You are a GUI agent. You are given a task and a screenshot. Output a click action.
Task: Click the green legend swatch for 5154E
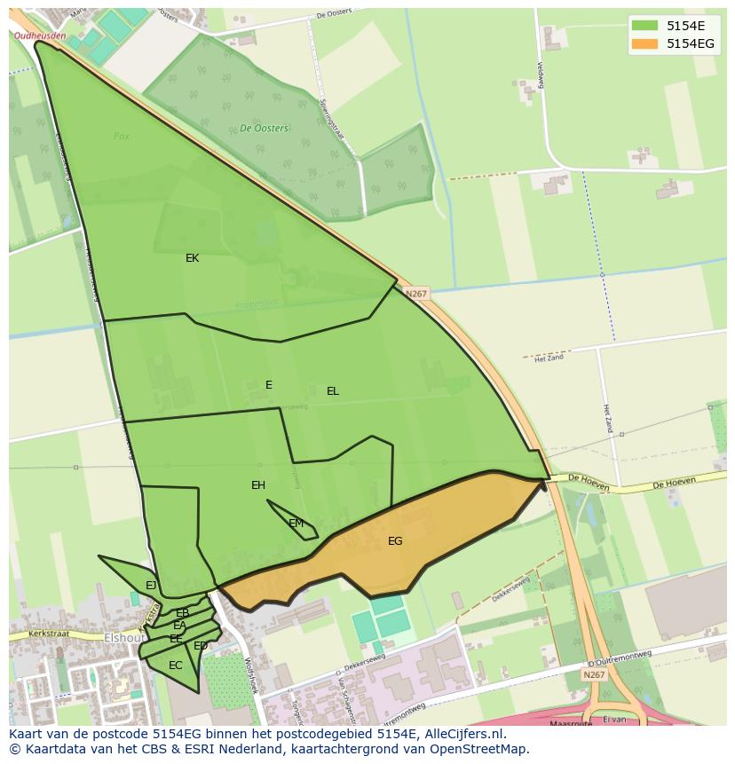coord(645,27)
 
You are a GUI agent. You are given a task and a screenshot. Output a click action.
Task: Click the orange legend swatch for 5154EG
coord(645,43)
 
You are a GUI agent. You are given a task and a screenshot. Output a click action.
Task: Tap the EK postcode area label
coord(192,258)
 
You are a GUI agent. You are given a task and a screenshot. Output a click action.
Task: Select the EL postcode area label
coord(333,391)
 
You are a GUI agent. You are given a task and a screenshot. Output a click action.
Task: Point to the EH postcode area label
coord(258,485)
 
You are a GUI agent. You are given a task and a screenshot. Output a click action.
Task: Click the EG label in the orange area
coord(395,541)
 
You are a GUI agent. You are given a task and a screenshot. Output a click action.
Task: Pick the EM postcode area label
coord(296,524)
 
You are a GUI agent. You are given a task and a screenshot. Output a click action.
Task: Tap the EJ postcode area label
coord(151,586)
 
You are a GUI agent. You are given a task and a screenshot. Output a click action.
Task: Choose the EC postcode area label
coord(175,666)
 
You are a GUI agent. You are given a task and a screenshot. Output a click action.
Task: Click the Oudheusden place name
coord(40,35)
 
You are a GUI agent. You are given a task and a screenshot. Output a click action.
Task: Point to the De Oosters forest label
coord(264,129)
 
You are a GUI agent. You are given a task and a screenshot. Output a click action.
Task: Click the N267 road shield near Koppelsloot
coord(416,294)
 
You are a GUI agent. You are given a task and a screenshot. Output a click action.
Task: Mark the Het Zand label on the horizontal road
coord(548,358)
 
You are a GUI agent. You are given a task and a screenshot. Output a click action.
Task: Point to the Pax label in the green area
coord(122,137)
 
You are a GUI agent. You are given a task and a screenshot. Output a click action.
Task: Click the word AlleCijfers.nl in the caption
coord(462,734)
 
